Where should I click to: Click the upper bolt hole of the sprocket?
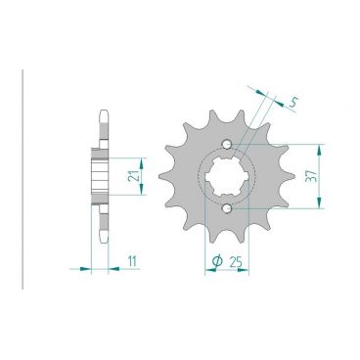coord(227,148)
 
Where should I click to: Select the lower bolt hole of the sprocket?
coord(227,207)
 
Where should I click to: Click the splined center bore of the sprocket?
coord(227,177)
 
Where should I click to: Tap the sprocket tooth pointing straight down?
coord(227,244)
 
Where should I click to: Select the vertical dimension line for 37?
coord(320,177)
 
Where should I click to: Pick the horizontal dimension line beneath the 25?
coord(227,268)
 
